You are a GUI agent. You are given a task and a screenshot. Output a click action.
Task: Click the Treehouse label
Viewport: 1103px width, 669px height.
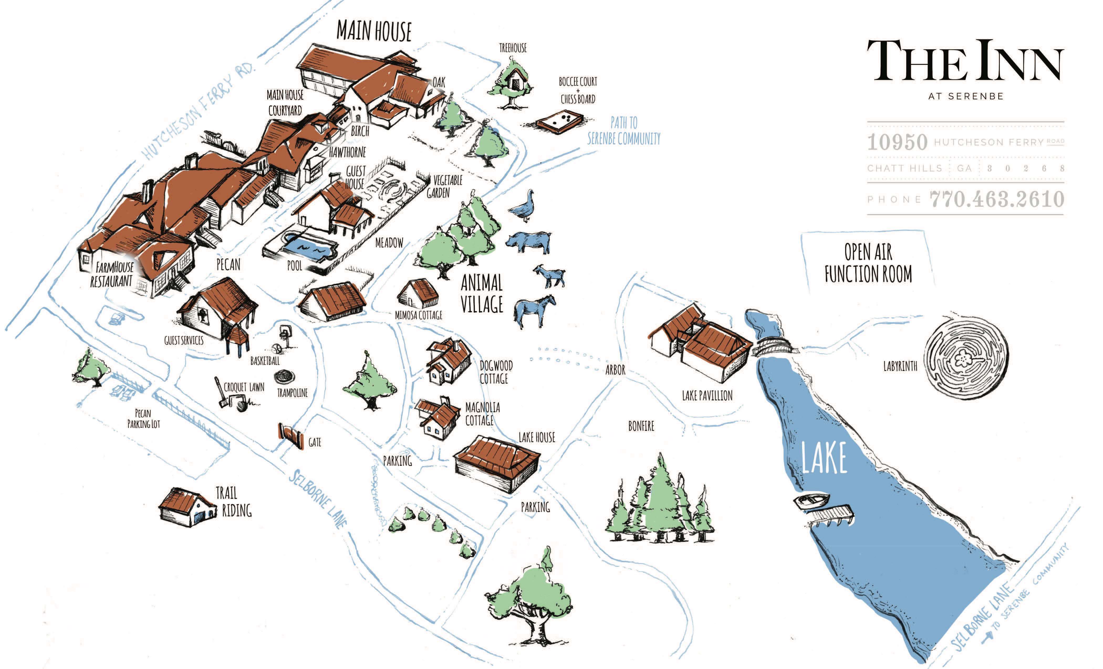[x=513, y=48]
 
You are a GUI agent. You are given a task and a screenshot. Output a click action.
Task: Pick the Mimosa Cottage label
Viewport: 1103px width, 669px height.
[x=418, y=315]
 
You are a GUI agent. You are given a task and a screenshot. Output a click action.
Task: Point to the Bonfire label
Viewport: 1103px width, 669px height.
[x=641, y=426]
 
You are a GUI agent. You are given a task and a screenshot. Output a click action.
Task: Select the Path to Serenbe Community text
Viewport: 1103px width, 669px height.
[x=623, y=131]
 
